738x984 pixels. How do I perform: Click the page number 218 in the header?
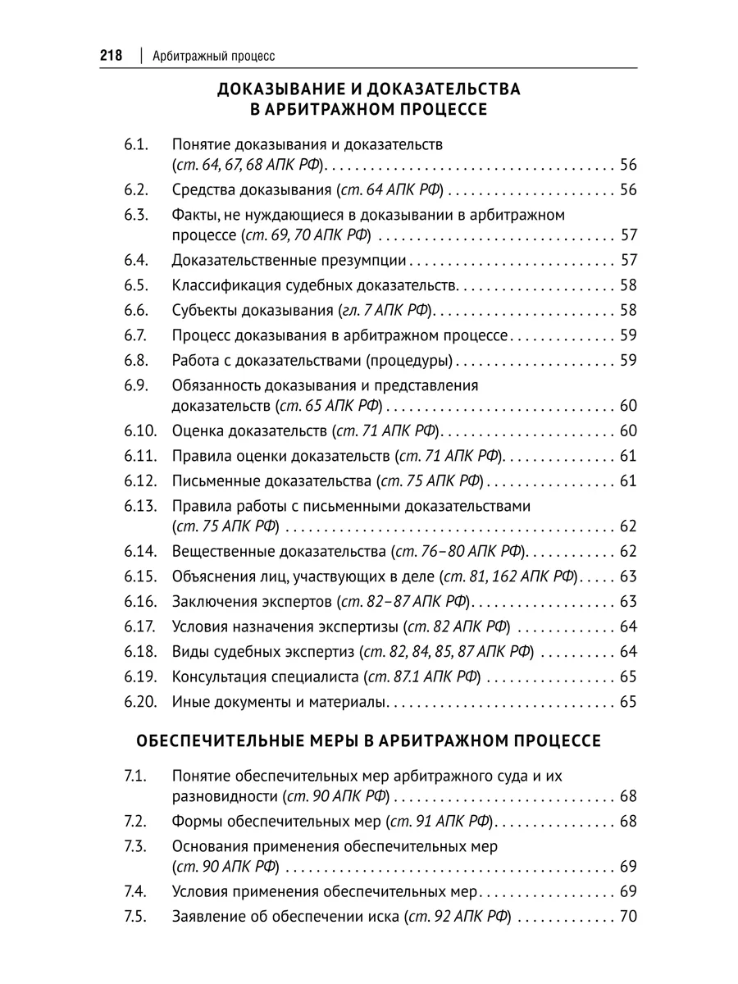point(111,56)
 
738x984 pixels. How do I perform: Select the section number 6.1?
point(136,145)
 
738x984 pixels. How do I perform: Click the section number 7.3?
point(135,845)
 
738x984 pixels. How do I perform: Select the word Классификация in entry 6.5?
point(221,286)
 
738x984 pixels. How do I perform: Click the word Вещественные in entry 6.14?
point(218,552)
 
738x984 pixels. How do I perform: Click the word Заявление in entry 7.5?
point(206,916)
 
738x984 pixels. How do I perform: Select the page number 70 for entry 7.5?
point(629,916)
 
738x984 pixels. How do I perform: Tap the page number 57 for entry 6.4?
point(629,262)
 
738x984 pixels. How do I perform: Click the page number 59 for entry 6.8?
point(629,359)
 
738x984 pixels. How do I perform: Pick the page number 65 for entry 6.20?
point(629,702)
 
